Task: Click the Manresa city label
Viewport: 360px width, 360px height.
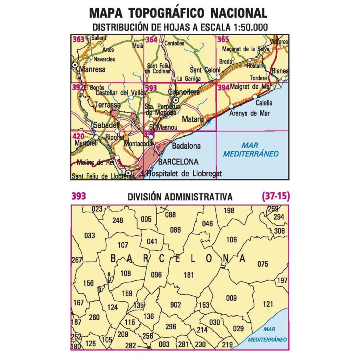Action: [92, 69]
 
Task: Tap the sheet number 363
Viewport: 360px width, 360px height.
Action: [78, 39]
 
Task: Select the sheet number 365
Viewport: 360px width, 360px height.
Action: [223, 39]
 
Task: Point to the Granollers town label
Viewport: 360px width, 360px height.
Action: [184, 92]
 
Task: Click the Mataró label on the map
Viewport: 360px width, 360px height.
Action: [194, 119]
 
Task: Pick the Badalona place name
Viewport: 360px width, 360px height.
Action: [186, 146]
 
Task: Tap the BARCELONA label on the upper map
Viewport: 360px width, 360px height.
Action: [178, 162]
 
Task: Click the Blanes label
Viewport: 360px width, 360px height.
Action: [280, 71]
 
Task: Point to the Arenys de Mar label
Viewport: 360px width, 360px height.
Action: [250, 113]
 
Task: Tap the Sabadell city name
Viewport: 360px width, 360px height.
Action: [106, 125]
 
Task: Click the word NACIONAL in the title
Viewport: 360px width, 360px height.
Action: [238, 14]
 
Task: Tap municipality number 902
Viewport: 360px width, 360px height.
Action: [176, 305]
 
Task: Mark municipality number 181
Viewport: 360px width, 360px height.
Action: [188, 275]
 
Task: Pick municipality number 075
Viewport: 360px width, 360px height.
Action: [262, 264]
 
